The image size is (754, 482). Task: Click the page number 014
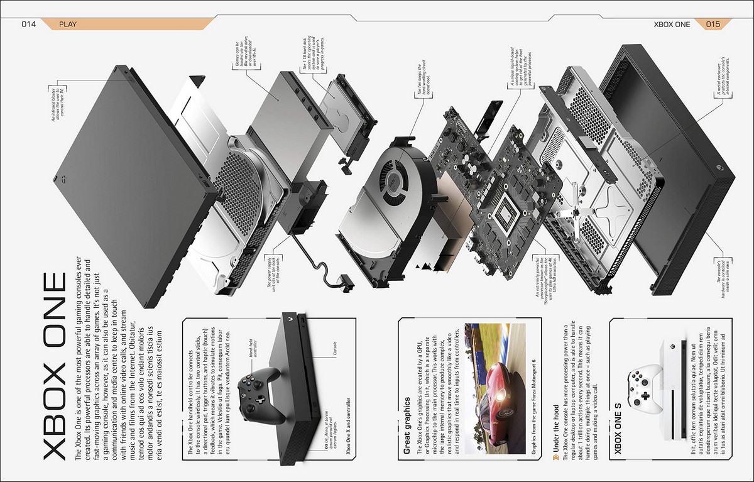pyautogui.click(x=29, y=25)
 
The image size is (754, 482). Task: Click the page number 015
pyautogui.click(x=713, y=25)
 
